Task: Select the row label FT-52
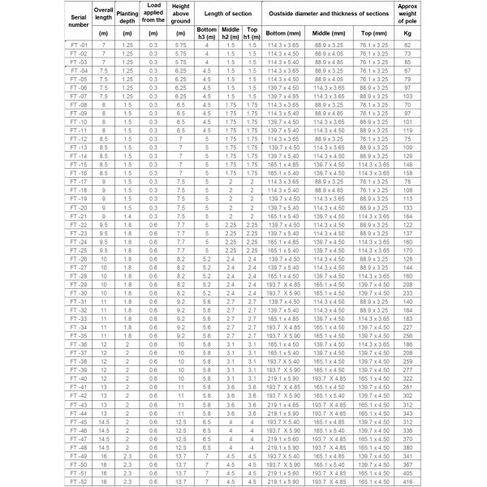pos(79,482)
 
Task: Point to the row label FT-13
pos(79,149)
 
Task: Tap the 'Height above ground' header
pos(181,15)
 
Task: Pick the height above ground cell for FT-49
pos(181,456)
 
